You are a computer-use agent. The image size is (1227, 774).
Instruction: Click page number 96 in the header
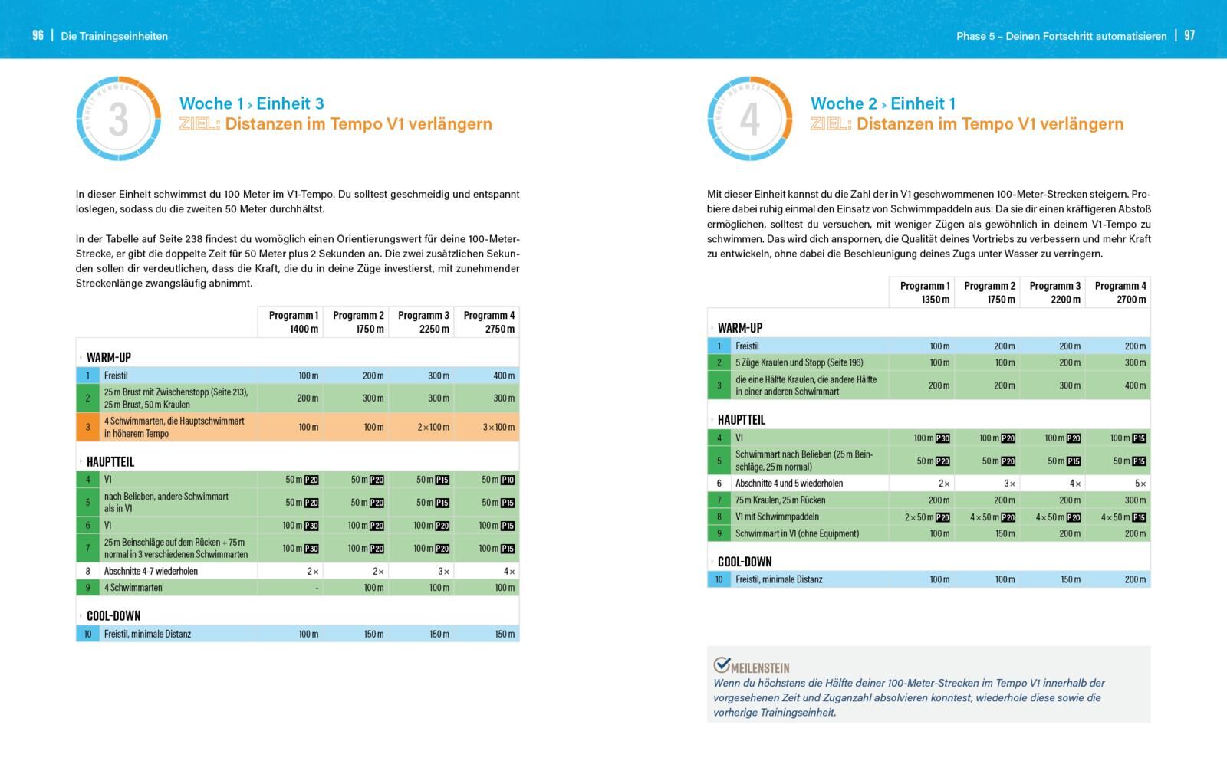pyautogui.click(x=38, y=35)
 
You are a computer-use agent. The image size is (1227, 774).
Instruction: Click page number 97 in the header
pyautogui.click(x=1189, y=35)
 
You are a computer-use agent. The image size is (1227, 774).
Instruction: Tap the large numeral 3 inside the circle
pyautogui.click(x=118, y=119)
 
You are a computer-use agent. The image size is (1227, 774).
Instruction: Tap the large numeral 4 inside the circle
pyautogui.click(x=749, y=119)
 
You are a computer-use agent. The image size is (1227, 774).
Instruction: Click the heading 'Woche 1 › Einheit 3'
pyautogui.click(x=252, y=103)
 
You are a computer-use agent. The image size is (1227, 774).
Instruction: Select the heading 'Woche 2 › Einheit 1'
pyautogui.click(x=883, y=103)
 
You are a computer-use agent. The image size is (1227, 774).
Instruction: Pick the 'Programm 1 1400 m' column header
pyautogui.click(x=293, y=322)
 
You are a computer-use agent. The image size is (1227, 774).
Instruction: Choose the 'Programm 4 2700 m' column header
pyautogui.click(x=1120, y=292)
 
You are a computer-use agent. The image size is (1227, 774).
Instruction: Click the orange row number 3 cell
pyautogui.click(x=87, y=427)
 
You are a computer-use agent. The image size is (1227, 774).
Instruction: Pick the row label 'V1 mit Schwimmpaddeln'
pyautogui.click(x=777, y=517)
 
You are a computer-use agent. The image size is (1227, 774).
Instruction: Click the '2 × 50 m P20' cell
pyautogui.click(x=926, y=517)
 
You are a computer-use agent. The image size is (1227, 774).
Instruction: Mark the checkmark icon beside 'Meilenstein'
pyautogui.click(x=722, y=664)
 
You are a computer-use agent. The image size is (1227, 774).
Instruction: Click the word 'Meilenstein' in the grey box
pyautogui.click(x=760, y=667)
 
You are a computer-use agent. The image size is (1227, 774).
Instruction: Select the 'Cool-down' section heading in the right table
pyautogui.click(x=744, y=562)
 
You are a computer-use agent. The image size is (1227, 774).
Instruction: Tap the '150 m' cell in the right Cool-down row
pyautogui.click(x=1070, y=579)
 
